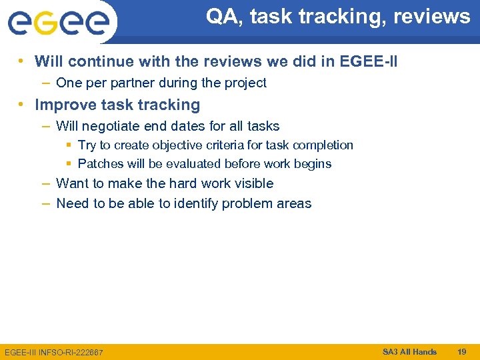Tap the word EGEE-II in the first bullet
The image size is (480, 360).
(369, 62)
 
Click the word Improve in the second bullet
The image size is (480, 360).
(63, 105)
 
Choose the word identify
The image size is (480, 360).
(196, 204)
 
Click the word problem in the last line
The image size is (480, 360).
(245, 204)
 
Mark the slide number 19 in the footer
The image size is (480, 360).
(461, 351)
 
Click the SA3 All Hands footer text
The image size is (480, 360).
(409, 351)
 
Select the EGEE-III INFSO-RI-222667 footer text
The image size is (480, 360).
(53, 352)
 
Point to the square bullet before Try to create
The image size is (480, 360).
(69, 145)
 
